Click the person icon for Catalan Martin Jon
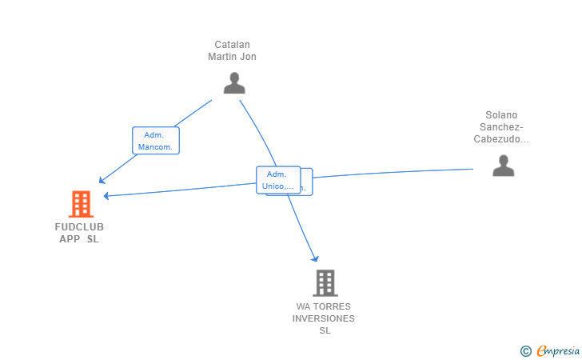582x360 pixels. tap(234, 83)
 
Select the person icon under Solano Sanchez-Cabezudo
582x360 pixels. tap(503, 166)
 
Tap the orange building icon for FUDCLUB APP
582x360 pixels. tap(81, 204)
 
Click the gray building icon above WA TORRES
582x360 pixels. tap(325, 282)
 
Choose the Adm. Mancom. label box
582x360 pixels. tap(156, 141)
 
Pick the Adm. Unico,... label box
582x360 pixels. tap(277, 180)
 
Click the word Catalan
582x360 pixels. tap(232, 45)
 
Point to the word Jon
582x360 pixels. tap(248, 57)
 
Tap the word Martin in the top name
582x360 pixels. tap(223, 57)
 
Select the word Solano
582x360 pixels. tap(502, 115)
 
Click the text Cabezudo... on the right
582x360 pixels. tap(502, 139)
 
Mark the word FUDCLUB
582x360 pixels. tap(79, 227)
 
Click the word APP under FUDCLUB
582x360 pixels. tap(70, 239)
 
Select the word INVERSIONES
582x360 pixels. tap(324, 318)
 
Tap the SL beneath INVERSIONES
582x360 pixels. tap(324, 330)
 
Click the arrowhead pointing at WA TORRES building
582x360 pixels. tap(316, 258)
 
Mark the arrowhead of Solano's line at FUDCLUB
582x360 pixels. tap(106, 195)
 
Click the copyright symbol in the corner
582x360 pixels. tap(525, 350)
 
